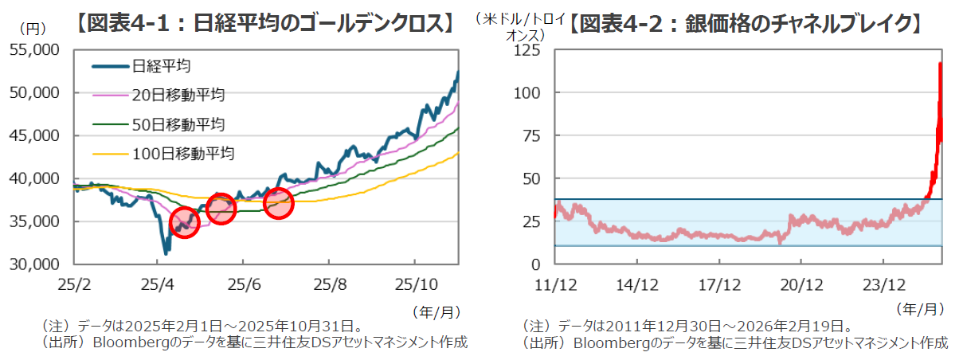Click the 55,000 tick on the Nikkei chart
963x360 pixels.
[x=39, y=50]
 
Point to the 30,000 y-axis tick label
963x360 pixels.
[x=39, y=264]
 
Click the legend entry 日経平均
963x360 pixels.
[x=161, y=65]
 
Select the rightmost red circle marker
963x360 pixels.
[x=278, y=203]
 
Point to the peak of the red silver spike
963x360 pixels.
[x=941, y=64]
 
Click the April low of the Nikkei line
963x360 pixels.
[x=166, y=253]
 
